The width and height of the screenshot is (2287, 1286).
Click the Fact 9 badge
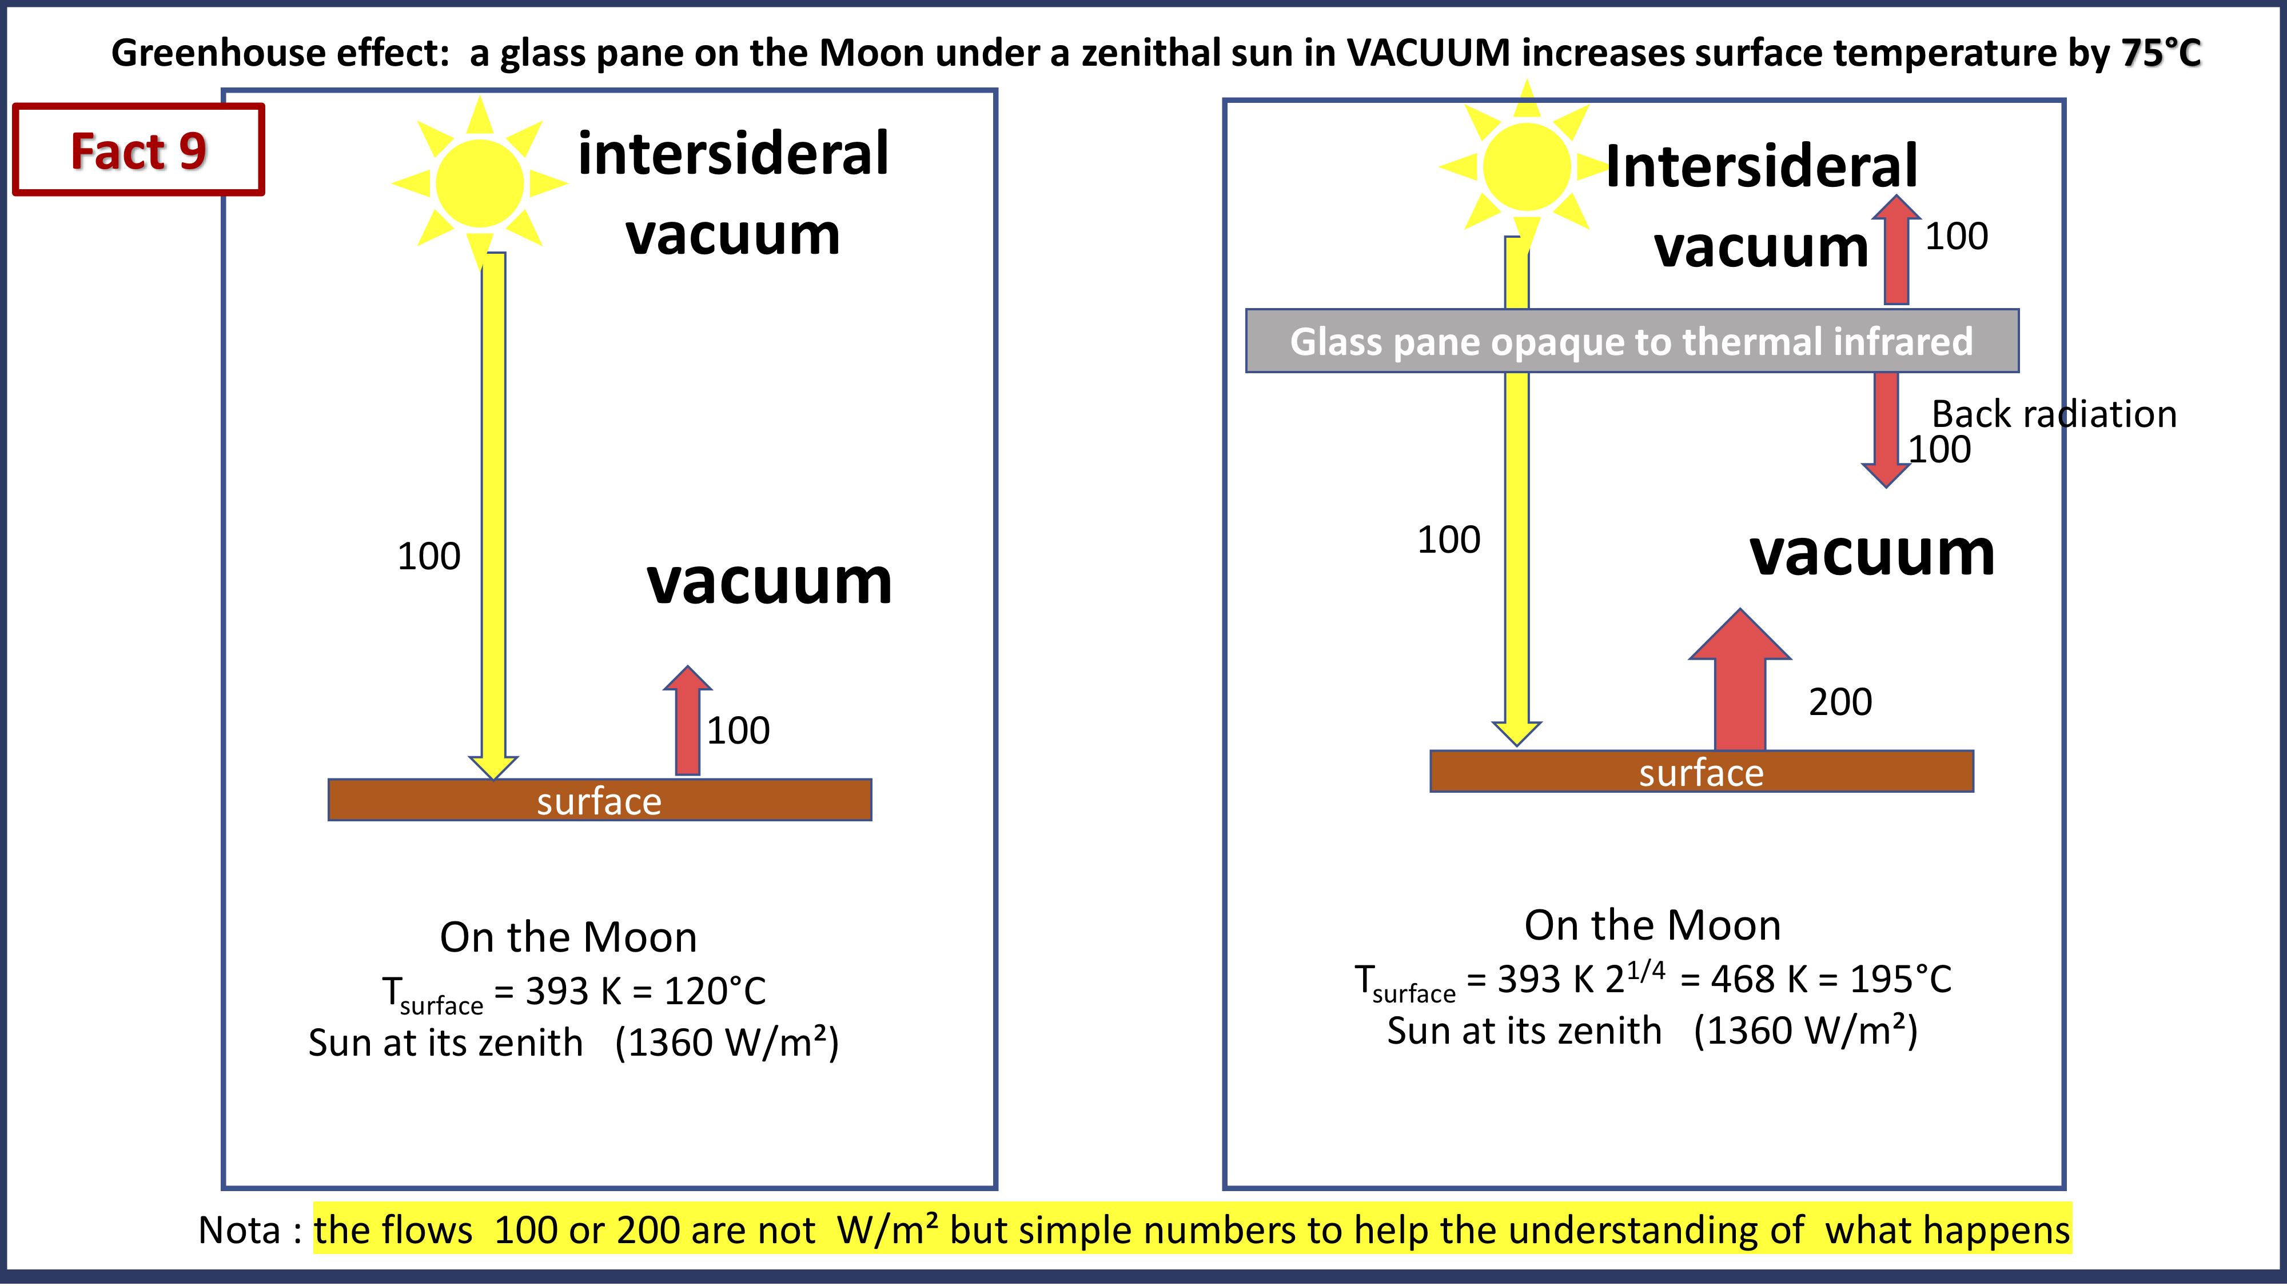(x=138, y=150)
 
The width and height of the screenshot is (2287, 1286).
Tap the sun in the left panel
(x=480, y=183)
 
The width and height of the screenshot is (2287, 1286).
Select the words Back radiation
(x=2054, y=414)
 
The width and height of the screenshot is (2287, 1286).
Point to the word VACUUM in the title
(x=1428, y=53)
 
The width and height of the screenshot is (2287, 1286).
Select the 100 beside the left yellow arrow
(x=429, y=557)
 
